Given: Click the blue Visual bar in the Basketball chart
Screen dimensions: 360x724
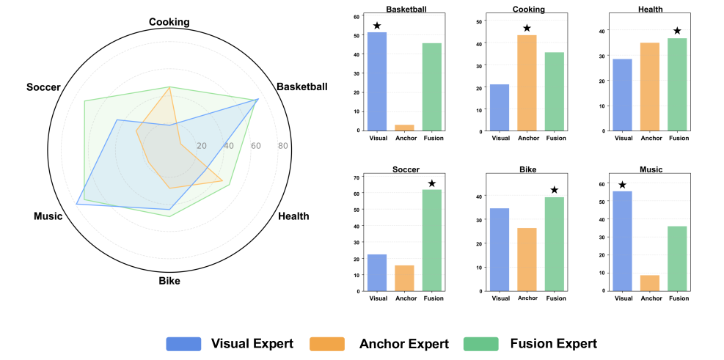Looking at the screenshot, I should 377,81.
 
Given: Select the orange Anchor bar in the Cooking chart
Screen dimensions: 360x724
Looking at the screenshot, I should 526,83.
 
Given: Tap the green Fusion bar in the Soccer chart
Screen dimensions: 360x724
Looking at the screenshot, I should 434,240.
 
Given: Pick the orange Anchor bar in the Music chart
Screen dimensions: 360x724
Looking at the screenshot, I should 649,283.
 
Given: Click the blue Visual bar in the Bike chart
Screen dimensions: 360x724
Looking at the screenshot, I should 500,249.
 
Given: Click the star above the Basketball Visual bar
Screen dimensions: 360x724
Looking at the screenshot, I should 377,26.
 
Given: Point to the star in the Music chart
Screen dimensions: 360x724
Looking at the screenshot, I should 623,185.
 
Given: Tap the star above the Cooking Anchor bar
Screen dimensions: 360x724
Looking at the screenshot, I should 527,29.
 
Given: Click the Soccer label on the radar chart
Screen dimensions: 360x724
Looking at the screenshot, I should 43,87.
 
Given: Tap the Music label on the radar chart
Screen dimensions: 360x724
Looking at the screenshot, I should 48,216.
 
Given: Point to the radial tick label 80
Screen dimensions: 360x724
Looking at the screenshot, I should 282,146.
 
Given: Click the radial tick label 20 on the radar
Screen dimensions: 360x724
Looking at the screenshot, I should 202,146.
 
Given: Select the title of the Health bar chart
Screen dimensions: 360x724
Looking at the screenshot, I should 651,10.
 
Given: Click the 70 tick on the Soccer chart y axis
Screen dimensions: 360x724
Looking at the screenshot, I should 356,177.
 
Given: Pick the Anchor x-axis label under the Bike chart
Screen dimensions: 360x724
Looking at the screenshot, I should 527,298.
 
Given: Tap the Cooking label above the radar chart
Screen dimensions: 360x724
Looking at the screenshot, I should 169,22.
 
